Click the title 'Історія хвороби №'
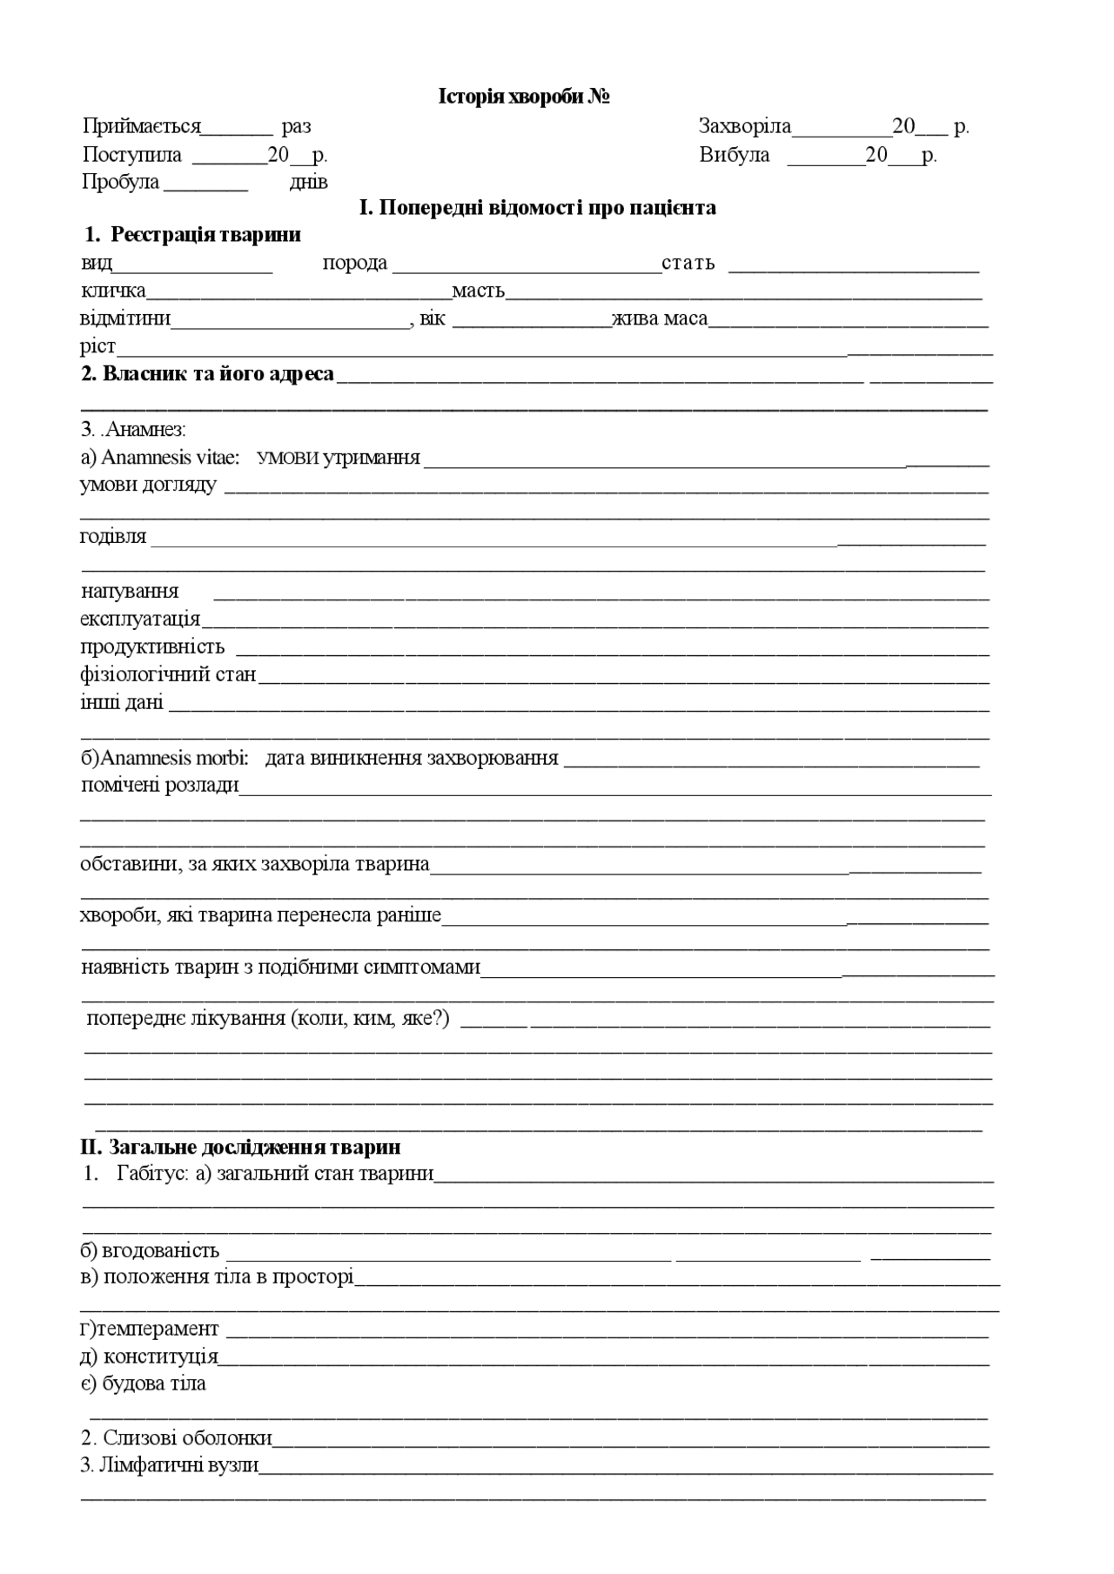pyautogui.click(x=523, y=97)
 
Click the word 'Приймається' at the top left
pyautogui.click(x=142, y=127)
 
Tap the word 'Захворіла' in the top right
pyautogui.click(x=744, y=127)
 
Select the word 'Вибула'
pyautogui.click(x=734, y=156)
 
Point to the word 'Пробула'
pyautogui.click(x=120, y=183)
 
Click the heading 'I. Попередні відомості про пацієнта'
pyautogui.click(x=538, y=208)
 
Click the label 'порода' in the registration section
pyautogui.click(x=354, y=264)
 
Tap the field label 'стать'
pyautogui.click(x=688, y=264)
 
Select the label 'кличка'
pyautogui.click(x=113, y=291)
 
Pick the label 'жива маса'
pyautogui.click(x=659, y=319)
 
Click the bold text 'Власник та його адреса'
pyautogui.click(x=218, y=374)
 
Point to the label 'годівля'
pyautogui.click(x=113, y=537)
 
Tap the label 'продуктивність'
pyautogui.click(x=152, y=647)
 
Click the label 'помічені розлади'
pyautogui.click(x=159, y=786)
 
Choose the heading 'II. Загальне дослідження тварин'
pyautogui.click(x=240, y=1148)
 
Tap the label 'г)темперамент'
pyautogui.click(x=150, y=1330)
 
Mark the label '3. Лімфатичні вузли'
pyautogui.click(x=170, y=1466)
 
